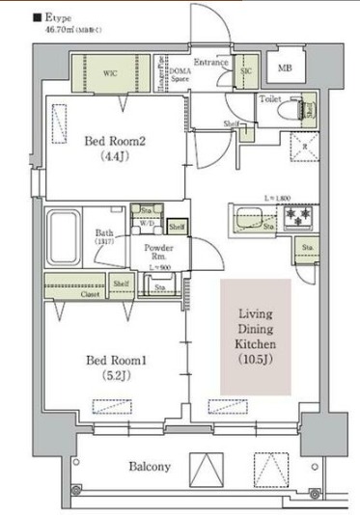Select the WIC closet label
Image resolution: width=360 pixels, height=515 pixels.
click(x=112, y=70)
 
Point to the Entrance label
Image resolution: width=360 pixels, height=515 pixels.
click(x=209, y=63)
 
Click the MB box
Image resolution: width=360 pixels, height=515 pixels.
click(x=285, y=68)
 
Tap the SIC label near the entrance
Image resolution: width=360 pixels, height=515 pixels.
click(x=245, y=71)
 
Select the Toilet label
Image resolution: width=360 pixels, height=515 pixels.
click(x=269, y=99)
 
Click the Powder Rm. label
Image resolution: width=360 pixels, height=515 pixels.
click(x=158, y=252)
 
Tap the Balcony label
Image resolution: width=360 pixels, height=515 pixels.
click(x=150, y=467)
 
